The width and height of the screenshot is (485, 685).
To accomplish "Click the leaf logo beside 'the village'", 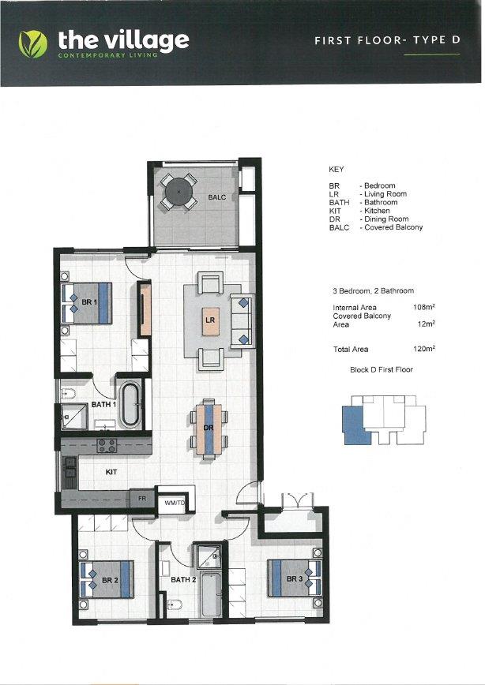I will coord(33,43).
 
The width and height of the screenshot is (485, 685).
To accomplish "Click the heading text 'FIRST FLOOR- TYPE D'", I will coord(386,41).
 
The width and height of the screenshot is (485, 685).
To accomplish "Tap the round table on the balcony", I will coord(179,191).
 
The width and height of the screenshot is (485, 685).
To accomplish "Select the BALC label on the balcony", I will coord(217,197).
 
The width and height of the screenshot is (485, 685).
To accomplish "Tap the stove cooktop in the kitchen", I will coord(107,446).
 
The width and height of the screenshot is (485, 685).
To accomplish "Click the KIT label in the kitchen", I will coord(112,472).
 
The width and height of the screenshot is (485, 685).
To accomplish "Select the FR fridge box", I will coord(143,500).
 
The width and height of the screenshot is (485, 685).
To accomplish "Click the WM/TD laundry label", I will coord(174,501).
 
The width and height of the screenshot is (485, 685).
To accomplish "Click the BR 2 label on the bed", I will coord(109,580).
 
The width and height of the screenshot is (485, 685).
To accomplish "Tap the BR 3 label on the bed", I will coord(294,579).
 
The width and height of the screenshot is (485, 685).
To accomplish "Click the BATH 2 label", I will coord(183,581).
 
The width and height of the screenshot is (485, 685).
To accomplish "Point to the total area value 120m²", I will coord(424,349).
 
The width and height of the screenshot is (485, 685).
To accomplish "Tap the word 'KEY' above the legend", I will coord(336,169).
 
